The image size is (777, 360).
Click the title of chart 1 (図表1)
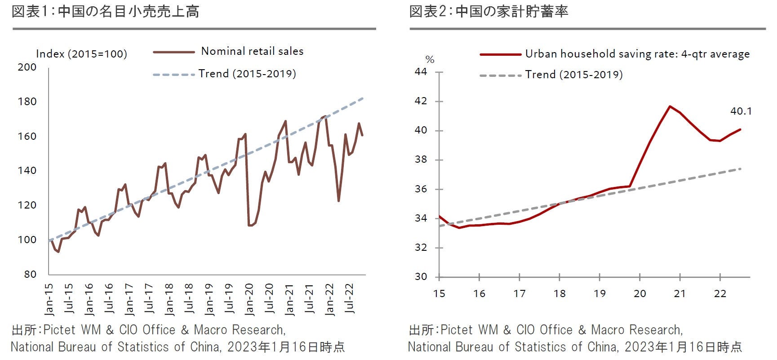click(105, 12)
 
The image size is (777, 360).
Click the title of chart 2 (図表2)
click(488, 12)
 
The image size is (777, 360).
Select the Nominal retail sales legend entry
click(252, 51)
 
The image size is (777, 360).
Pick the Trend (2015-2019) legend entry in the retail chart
click(247, 74)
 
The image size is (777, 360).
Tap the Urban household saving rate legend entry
click(637, 54)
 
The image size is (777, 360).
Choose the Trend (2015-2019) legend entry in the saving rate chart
click(574, 75)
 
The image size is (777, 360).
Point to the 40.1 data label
click(741, 111)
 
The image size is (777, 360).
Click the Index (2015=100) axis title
click(81, 54)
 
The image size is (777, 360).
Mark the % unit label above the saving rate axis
click(430, 60)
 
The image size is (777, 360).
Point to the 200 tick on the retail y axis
click(27, 67)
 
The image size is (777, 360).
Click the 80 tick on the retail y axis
click(30, 274)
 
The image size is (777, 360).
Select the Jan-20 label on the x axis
click(249, 299)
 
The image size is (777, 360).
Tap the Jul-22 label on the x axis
click(349, 299)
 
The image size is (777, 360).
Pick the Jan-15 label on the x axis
click(49, 299)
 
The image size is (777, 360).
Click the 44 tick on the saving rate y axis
click(421, 72)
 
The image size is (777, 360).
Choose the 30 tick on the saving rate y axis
click(421, 277)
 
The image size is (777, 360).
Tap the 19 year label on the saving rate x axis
click(599, 294)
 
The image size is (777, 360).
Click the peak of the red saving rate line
click(670, 107)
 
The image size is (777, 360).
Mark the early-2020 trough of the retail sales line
click(250, 225)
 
